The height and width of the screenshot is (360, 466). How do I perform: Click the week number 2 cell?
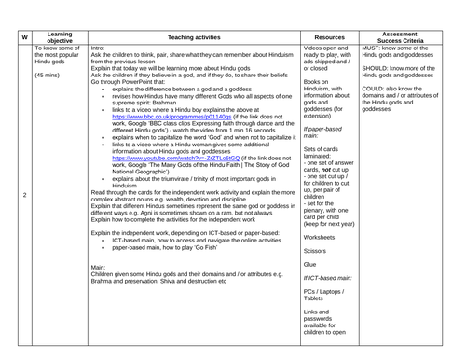point(23,194)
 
